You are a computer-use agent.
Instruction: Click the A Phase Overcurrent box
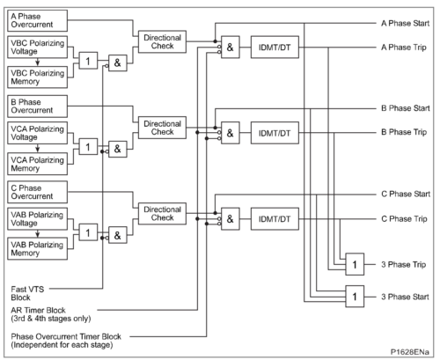click(x=37, y=20)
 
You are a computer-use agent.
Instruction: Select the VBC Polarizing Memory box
click(x=37, y=77)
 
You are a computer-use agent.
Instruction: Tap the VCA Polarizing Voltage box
click(x=37, y=133)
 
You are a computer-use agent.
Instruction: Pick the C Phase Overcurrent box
click(x=37, y=192)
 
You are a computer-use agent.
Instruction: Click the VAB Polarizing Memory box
click(x=37, y=248)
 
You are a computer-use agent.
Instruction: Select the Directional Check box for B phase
click(x=162, y=128)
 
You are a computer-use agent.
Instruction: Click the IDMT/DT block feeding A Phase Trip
click(x=275, y=48)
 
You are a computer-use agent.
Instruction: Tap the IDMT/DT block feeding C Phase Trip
click(x=275, y=219)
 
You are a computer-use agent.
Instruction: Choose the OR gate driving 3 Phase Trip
click(x=355, y=264)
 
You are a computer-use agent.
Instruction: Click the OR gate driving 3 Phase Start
click(x=355, y=297)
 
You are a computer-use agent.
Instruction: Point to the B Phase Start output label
click(x=406, y=108)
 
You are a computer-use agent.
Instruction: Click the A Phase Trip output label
click(x=404, y=48)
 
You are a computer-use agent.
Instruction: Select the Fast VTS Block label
click(x=27, y=293)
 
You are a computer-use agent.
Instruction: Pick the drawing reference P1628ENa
click(x=409, y=352)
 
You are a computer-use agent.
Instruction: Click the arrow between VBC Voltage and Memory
click(x=37, y=62)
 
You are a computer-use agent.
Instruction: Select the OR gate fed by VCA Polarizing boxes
click(x=88, y=147)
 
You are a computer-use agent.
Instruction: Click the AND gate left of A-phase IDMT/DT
click(x=231, y=48)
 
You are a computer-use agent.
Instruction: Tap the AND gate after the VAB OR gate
click(x=118, y=235)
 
